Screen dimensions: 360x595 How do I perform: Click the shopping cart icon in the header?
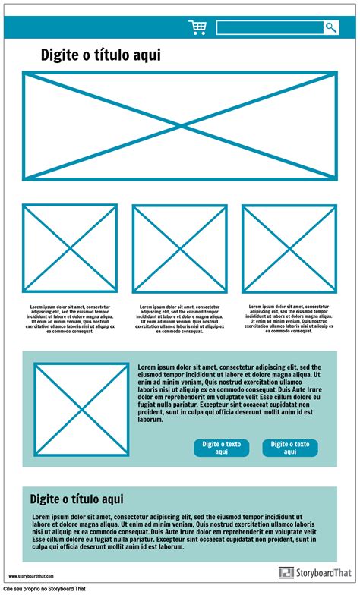tap(197, 28)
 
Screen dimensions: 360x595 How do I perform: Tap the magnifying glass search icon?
tap(331, 28)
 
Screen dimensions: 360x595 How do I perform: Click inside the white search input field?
tap(269, 28)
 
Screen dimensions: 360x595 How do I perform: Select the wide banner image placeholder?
tap(180, 126)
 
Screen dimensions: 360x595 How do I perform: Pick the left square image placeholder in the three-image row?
tap(70, 248)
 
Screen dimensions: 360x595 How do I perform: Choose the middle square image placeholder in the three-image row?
tap(180, 248)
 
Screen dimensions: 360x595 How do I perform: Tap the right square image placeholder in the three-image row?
tap(289, 248)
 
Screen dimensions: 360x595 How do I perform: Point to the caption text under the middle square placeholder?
tap(180, 319)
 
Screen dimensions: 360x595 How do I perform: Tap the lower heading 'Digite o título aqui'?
tap(77, 499)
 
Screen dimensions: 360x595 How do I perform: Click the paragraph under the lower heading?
tap(174, 531)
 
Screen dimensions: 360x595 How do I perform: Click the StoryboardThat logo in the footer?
tap(314, 573)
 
